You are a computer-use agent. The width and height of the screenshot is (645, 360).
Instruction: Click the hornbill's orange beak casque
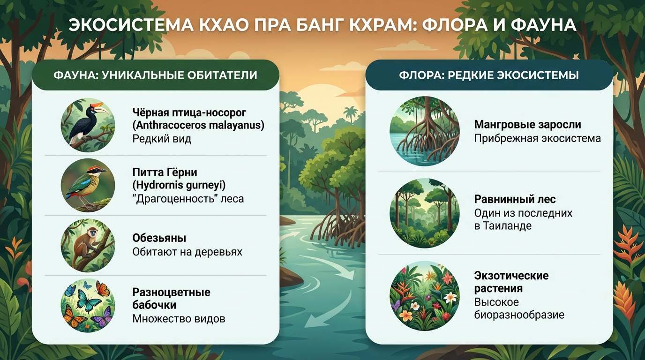[97, 104]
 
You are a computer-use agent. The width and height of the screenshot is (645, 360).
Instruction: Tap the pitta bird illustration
[86, 185]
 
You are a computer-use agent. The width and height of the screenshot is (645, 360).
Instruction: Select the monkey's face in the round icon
[93, 232]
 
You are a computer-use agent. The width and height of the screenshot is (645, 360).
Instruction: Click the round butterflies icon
[88, 305]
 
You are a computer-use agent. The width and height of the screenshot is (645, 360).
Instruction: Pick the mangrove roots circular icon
[424, 131]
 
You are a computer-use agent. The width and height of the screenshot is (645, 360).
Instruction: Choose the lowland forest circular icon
[424, 213]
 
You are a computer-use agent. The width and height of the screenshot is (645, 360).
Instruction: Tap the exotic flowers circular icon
[424, 296]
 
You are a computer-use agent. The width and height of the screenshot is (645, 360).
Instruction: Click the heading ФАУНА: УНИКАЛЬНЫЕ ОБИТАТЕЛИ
[156, 75]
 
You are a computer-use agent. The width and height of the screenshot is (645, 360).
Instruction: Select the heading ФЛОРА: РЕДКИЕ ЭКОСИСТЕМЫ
[489, 75]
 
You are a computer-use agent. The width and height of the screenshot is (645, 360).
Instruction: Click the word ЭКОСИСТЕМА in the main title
[131, 25]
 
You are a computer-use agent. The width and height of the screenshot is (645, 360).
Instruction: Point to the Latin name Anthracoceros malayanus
[198, 126]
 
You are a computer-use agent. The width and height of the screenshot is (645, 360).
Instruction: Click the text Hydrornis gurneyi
[179, 185]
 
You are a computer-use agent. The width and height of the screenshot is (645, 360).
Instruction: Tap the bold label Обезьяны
[159, 238]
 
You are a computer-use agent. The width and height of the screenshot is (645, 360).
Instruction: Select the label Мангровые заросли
[527, 125]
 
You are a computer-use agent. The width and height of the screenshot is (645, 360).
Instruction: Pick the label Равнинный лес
[515, 199]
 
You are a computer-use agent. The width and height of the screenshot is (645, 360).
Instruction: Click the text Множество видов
[179, 319]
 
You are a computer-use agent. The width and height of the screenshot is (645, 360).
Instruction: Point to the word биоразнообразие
[519, 315]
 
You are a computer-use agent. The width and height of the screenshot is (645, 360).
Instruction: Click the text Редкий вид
[162, 139]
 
